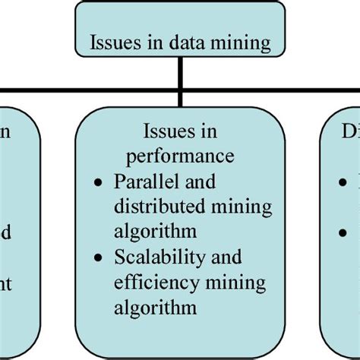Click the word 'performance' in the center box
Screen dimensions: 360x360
pos(181,157)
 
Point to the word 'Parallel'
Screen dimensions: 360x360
pos(141,182)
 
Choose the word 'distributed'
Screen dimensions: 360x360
pos(150,207)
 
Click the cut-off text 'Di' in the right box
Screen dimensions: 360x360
pos(349,133)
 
